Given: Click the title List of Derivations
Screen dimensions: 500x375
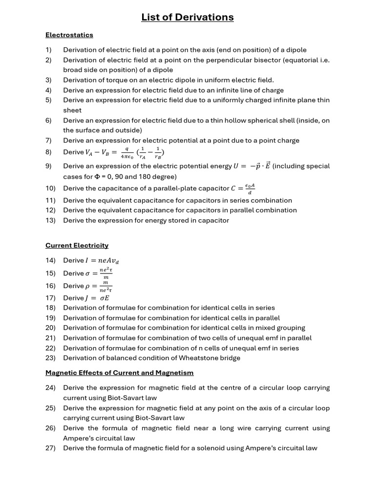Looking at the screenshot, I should point(187,18).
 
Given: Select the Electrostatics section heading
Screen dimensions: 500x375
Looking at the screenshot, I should point(69,35).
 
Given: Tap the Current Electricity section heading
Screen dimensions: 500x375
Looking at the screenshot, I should point(77,246).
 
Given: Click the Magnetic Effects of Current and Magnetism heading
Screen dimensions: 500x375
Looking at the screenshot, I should point(120,373).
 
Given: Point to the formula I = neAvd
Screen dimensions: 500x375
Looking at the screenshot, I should point(102,261).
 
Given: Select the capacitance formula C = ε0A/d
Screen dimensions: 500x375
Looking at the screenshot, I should point(245,188).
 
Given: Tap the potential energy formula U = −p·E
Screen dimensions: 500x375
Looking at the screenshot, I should point(252,166).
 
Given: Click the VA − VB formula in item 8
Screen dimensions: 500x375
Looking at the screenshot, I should point(125,152).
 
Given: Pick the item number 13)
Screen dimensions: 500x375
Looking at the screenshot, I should point(51,220).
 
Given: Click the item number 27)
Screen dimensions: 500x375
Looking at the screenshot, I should point(51,448).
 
